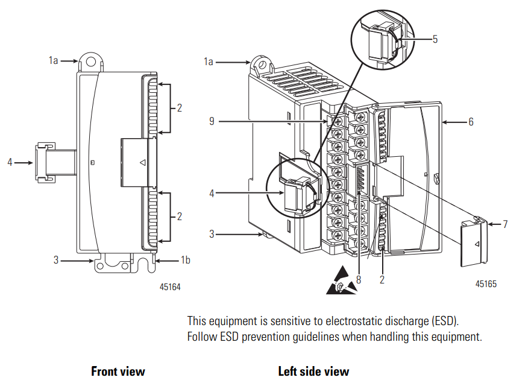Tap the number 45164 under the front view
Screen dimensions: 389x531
(169, 287)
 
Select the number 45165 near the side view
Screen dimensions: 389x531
(486, 283)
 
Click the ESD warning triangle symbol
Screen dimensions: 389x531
(341, 283)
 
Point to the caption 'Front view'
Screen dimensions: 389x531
(118, 371)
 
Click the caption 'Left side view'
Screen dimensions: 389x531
(313, 371)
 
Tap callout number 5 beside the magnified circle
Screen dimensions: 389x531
(435, 39)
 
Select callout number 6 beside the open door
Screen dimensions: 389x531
(471, 122)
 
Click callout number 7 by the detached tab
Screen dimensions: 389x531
(505, 224)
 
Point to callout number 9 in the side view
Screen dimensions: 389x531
(212, 122)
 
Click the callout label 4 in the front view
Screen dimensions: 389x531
(10, 162)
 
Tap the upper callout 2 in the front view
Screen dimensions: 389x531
(179, 108)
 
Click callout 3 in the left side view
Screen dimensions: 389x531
(212, 233)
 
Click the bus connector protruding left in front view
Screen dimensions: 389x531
(45, 162)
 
